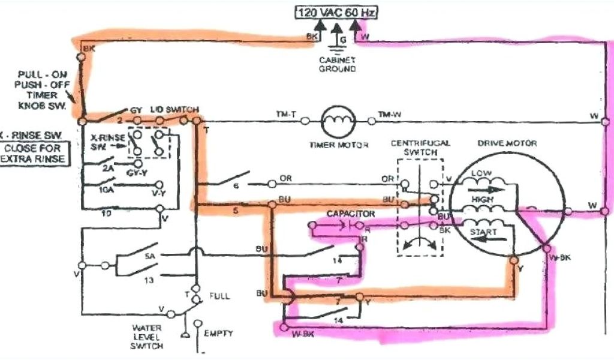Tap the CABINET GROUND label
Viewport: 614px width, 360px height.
337,64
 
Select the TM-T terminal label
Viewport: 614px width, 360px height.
284,114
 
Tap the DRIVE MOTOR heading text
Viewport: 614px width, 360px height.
507,143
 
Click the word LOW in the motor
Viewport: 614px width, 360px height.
481,173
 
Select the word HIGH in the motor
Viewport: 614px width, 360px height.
483,199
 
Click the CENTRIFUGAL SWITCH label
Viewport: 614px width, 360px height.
420,148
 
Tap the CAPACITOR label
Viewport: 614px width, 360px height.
351,214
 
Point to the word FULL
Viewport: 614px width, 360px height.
219,296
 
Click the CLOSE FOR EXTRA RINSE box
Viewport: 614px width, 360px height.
34,154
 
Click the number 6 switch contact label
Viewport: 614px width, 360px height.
236,187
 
